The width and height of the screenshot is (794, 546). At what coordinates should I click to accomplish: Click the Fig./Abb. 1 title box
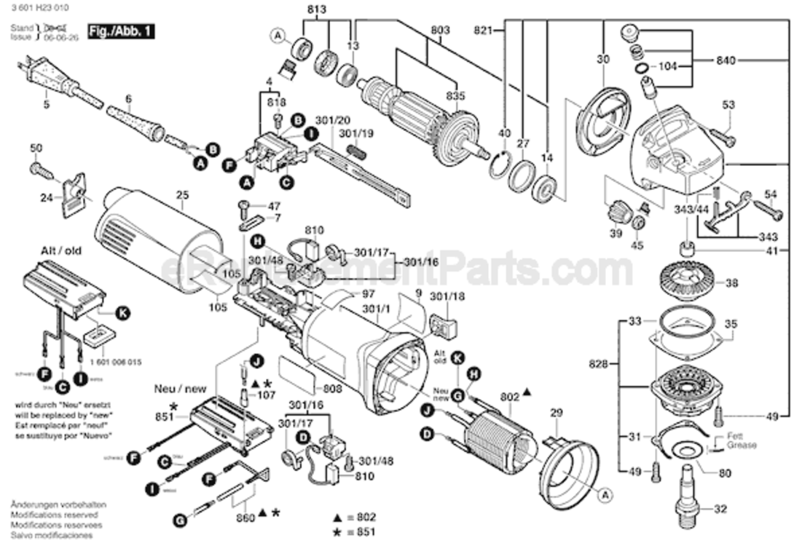tap(120, 32)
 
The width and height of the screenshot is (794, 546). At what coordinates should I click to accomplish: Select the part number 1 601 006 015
tap(106, 362)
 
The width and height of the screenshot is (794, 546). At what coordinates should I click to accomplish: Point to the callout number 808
tap(333, 389)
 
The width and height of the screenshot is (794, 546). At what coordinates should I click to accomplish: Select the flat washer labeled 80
tap(685, 451)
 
